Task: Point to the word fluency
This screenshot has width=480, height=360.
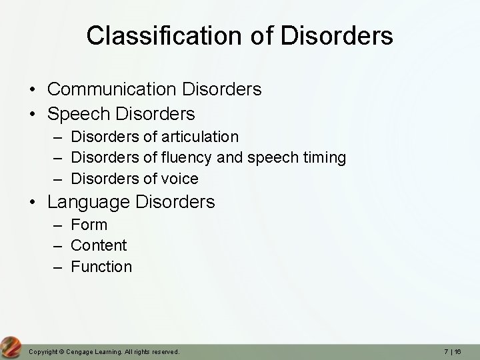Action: pos(184,158)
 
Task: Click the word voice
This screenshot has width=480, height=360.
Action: pos(180,179)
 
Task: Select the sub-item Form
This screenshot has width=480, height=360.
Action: pos(89,225)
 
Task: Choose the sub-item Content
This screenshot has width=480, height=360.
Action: pos(99,245)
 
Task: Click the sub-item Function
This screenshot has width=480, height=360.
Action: pos(101,267)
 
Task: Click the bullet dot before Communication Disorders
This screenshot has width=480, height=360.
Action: pos(32,89)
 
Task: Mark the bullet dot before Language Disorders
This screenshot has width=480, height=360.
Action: pos(32,202)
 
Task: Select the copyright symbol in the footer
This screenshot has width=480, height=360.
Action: pos(58,351)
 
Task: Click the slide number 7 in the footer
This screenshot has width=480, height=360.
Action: pos(446,351)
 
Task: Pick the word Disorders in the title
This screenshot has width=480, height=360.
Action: pos(337,35)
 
